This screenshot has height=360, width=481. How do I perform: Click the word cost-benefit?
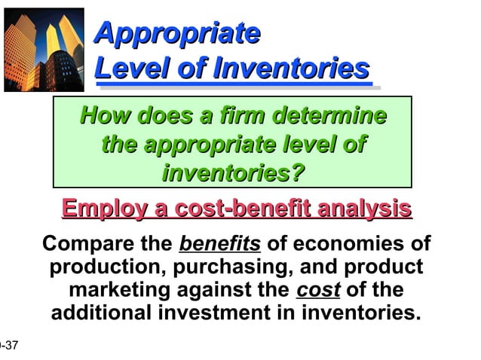pos(240,208)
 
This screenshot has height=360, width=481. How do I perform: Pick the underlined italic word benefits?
pos(219,245)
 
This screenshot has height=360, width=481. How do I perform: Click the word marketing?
pos(127,290)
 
